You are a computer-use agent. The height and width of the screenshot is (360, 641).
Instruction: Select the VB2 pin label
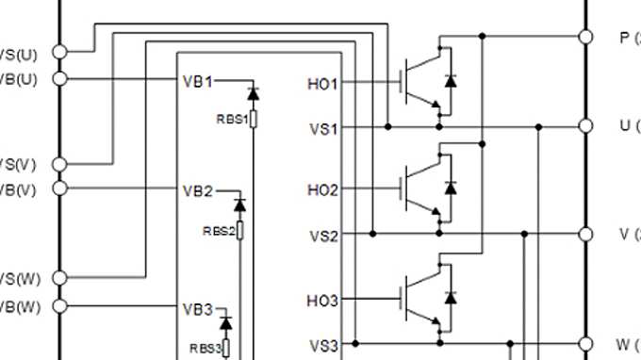[x=198, y=189]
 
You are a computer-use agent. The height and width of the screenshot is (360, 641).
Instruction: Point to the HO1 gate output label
[x=322, y=84]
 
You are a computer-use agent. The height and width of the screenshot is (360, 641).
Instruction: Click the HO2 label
[x=322, y=190]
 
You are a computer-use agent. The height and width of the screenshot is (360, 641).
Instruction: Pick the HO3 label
[x=322, y=301]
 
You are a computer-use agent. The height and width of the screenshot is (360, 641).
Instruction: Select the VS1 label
[x=323, y=128]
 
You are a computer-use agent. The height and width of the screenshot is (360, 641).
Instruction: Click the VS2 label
[x=323, y=236]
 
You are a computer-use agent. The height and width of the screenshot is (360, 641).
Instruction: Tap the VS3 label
[x=323, y=345]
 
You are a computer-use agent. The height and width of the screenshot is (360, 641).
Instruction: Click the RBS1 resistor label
[x=231, y=119]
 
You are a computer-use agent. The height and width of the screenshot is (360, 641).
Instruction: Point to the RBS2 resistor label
[x=218, y=230]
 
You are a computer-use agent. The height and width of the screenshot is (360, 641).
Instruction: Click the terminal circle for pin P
[x=585, y=37]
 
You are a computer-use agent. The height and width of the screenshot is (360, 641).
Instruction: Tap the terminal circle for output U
[x=585, y=125]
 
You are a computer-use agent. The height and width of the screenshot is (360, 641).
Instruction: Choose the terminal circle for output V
[x=585, y=233]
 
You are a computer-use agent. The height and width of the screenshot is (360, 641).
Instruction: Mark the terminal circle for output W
[x=585, y=343]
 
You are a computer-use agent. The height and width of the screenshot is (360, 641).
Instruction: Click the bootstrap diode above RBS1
[x=253, y=93]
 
